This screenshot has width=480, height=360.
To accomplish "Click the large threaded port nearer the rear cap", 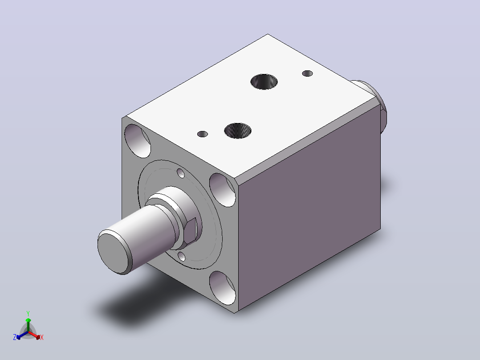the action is click(x=264, y=82).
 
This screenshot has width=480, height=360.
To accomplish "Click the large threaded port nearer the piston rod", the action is click(x=238, y=131).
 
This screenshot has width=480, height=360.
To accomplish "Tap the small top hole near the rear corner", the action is click(x=307, y=74).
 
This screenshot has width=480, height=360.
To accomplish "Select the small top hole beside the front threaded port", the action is click(x=202, y=134).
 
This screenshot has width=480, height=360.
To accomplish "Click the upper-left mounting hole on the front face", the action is click(x=138, y=141).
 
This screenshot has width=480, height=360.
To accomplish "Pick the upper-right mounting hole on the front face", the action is click(x=223, y=190).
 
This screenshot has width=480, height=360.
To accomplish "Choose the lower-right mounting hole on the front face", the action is click(x=223, y=288).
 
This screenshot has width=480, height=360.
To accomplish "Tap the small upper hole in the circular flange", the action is click(x=181, y=173).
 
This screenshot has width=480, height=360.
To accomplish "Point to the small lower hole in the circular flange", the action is click(x=182, y=256).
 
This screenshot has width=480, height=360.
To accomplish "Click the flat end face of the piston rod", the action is click(x=114, y=253).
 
